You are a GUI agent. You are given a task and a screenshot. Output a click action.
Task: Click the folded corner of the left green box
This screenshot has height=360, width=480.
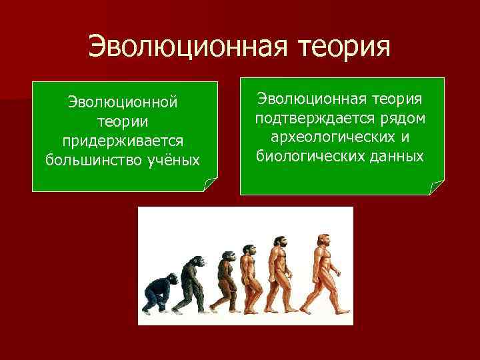[210, 185]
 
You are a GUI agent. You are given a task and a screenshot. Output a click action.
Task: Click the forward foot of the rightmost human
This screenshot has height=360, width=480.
[341, 309]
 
